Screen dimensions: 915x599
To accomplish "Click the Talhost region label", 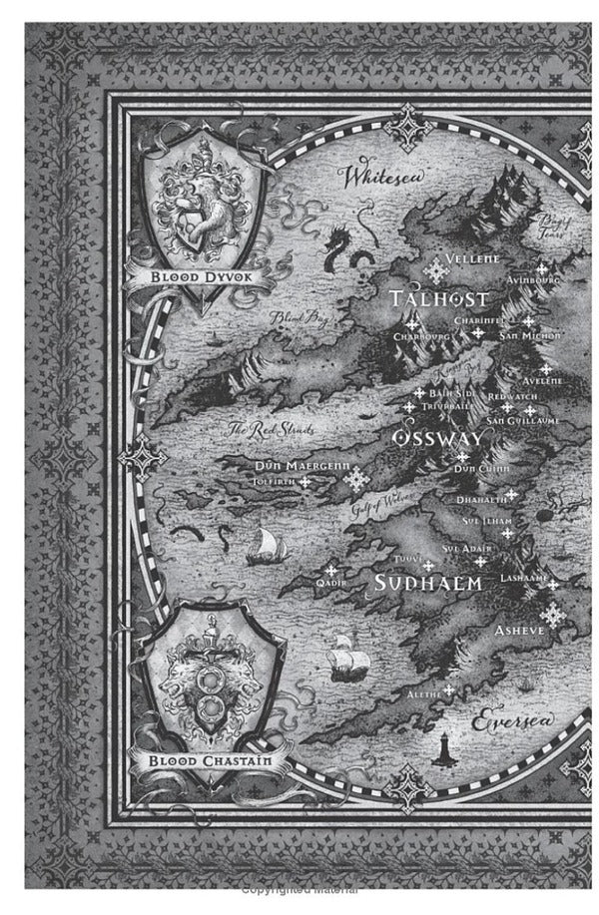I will (x=439, y=299).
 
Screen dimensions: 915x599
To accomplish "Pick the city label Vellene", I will (x=472, y=258).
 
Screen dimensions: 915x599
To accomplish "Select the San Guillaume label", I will (x=522, y=421).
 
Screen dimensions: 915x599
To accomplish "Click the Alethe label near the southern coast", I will (x=426, y=692).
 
